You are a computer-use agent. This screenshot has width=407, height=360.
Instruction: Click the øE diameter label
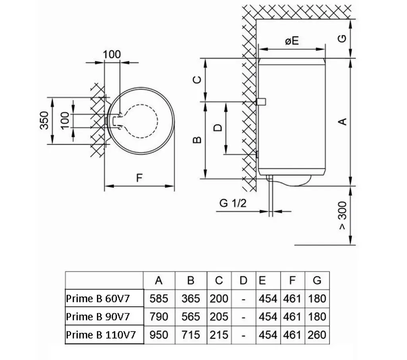coord(292,41)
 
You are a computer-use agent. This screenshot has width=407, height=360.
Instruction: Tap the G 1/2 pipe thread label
coord(233,203)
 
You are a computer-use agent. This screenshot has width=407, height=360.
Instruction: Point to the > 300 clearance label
coord(343,215)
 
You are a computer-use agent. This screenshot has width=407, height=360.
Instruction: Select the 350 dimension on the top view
coord(44,120)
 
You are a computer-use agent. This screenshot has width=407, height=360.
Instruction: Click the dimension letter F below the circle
coord(140,178)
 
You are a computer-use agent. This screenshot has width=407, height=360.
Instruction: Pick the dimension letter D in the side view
coord(218,128)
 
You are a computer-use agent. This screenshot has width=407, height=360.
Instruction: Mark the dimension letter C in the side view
coord(197,79)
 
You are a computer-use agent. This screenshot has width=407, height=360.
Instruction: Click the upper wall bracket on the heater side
coord(261,101)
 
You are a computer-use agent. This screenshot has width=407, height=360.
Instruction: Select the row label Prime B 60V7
coord(98,298)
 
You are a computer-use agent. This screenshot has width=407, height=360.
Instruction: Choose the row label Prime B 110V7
coord(101,335)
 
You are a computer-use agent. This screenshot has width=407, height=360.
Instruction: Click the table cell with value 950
coord(159,335)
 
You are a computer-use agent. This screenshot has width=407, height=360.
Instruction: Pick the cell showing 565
coord(191,317)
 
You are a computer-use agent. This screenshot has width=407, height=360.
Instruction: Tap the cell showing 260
coord(317,335)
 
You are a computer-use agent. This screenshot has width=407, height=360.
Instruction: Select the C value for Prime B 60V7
coord(219,298)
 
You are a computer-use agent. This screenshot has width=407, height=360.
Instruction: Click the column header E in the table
coord(262,280)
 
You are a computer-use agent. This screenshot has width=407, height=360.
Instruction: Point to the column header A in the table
coord(159,280)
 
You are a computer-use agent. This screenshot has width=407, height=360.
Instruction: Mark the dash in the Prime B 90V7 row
coord(244,317)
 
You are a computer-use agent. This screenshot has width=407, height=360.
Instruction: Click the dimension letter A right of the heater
coord(343,122)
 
